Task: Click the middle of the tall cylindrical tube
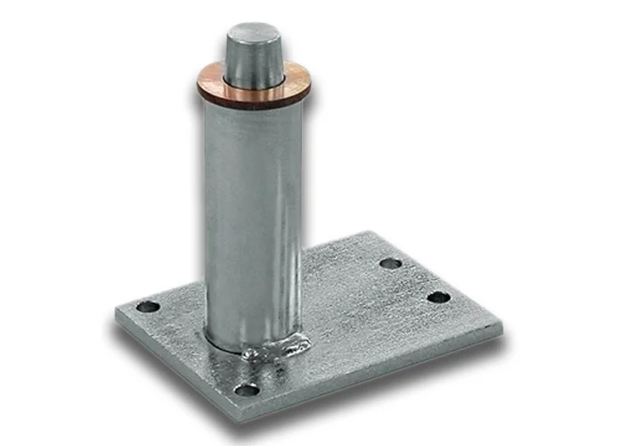pos(255,214)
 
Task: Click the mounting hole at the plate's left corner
pos(148,307)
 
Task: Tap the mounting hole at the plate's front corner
pos(246,390)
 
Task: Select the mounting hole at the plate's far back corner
pos(390,263)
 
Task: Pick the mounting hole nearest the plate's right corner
pos(438,297)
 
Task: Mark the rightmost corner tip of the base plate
pos(503,328)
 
